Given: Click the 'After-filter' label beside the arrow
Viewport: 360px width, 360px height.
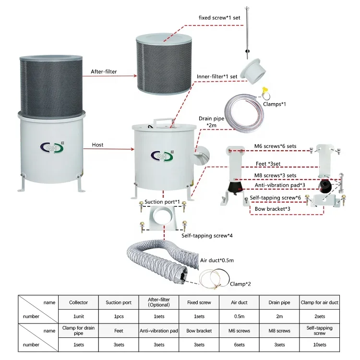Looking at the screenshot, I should coord(104,72).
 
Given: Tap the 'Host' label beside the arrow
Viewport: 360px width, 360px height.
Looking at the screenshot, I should coord(97,144).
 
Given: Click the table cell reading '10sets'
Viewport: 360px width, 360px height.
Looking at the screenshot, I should coord(319,345).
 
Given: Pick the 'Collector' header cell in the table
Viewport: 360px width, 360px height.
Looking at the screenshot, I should coord(78,302).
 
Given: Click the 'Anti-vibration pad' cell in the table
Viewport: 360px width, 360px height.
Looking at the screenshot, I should coord(158,331).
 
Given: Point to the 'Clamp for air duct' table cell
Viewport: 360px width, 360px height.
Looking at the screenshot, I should coord(319,302).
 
